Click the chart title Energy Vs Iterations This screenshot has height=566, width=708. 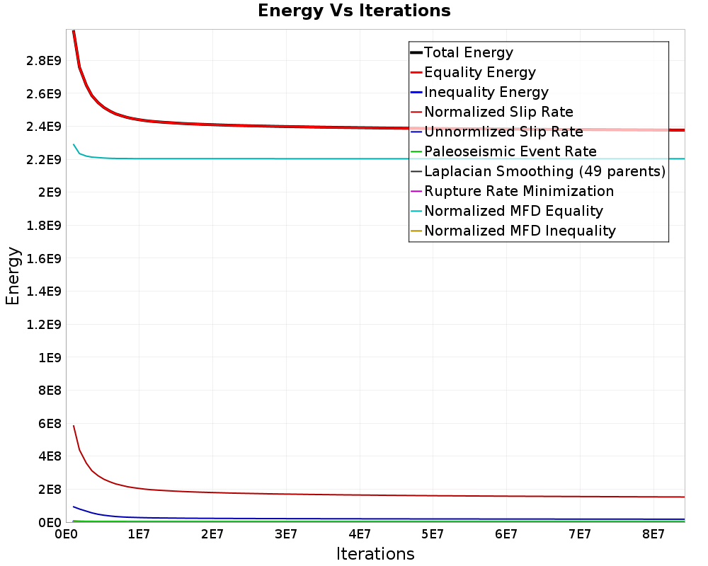pos(354,11)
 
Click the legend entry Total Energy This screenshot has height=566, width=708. pos(468,52)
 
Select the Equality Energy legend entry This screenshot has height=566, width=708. pos(479,72)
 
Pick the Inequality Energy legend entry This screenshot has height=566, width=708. pos(486,92)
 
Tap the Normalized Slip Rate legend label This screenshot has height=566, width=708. pos(498,112)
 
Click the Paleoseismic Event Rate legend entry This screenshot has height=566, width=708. pos(510,151)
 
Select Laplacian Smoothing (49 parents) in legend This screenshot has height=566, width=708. pos(544,171)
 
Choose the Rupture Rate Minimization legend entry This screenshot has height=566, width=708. pos(518,191)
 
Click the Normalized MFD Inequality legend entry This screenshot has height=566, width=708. pos(520,231)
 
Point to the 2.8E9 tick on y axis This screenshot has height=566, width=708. pos(40,60)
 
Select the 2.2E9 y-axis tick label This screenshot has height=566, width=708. pos(40,159)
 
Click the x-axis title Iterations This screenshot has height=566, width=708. pos(375,553)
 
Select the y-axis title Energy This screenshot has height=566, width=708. pos(13,276)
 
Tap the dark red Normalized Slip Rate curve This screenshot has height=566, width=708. pos(283,494)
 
